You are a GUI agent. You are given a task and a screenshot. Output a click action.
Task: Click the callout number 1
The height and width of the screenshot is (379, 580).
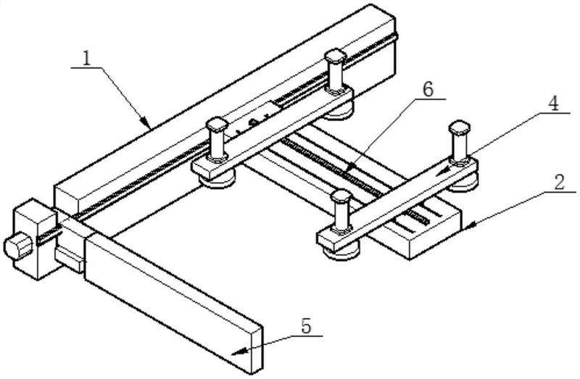[x=86, y=58]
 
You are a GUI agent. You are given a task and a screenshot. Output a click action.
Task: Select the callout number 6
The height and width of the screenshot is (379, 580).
[x=428, y=90]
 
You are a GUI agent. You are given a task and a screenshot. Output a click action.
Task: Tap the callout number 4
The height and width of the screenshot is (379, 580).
[x=552, y=104]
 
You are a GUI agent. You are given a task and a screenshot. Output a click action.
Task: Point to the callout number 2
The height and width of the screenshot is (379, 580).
[x=559, y=183]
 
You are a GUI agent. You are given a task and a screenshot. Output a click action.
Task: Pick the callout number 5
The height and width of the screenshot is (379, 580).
[x=306, y=327]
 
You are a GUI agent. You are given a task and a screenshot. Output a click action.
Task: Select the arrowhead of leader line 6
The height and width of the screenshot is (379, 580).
[x=350, y=169]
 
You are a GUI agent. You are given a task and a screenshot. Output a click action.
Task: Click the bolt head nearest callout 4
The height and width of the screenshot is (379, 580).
[x=460, y=128]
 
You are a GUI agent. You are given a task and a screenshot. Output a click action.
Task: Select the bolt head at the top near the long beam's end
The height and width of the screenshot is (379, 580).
[x=336, y=57]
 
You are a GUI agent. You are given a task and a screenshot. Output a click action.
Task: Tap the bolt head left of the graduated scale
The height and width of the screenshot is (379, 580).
[x=217, y=125]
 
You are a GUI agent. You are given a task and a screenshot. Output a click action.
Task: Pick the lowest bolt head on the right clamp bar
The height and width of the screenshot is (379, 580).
[x=341, y=196]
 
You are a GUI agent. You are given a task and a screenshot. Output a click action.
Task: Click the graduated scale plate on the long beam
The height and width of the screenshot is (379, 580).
[x=254, y=121]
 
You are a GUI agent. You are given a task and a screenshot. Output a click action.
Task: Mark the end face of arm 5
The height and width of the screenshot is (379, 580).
[x=257, y=349]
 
